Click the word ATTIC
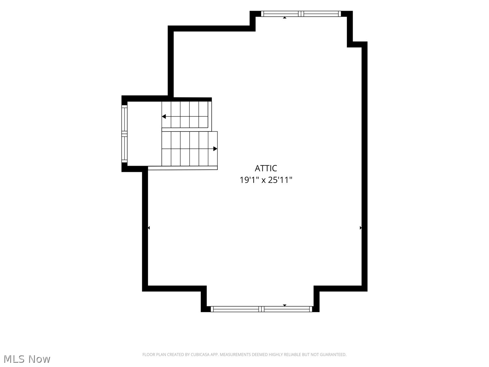click(266, 168)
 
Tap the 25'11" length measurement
click(280, 180)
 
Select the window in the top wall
click(301, 14)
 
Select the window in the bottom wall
click(261, 309)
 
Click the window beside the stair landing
click(124, 134)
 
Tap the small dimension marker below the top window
click(285, 18)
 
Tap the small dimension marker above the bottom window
click(285, 305)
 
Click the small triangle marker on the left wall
click(149, 228)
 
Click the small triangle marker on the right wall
click(361, 228)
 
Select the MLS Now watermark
click(27, 359)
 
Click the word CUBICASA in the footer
click(200, 355)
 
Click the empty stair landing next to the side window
click(144, 134)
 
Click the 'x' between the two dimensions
click(263, 181)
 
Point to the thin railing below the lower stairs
click(183, 168)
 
